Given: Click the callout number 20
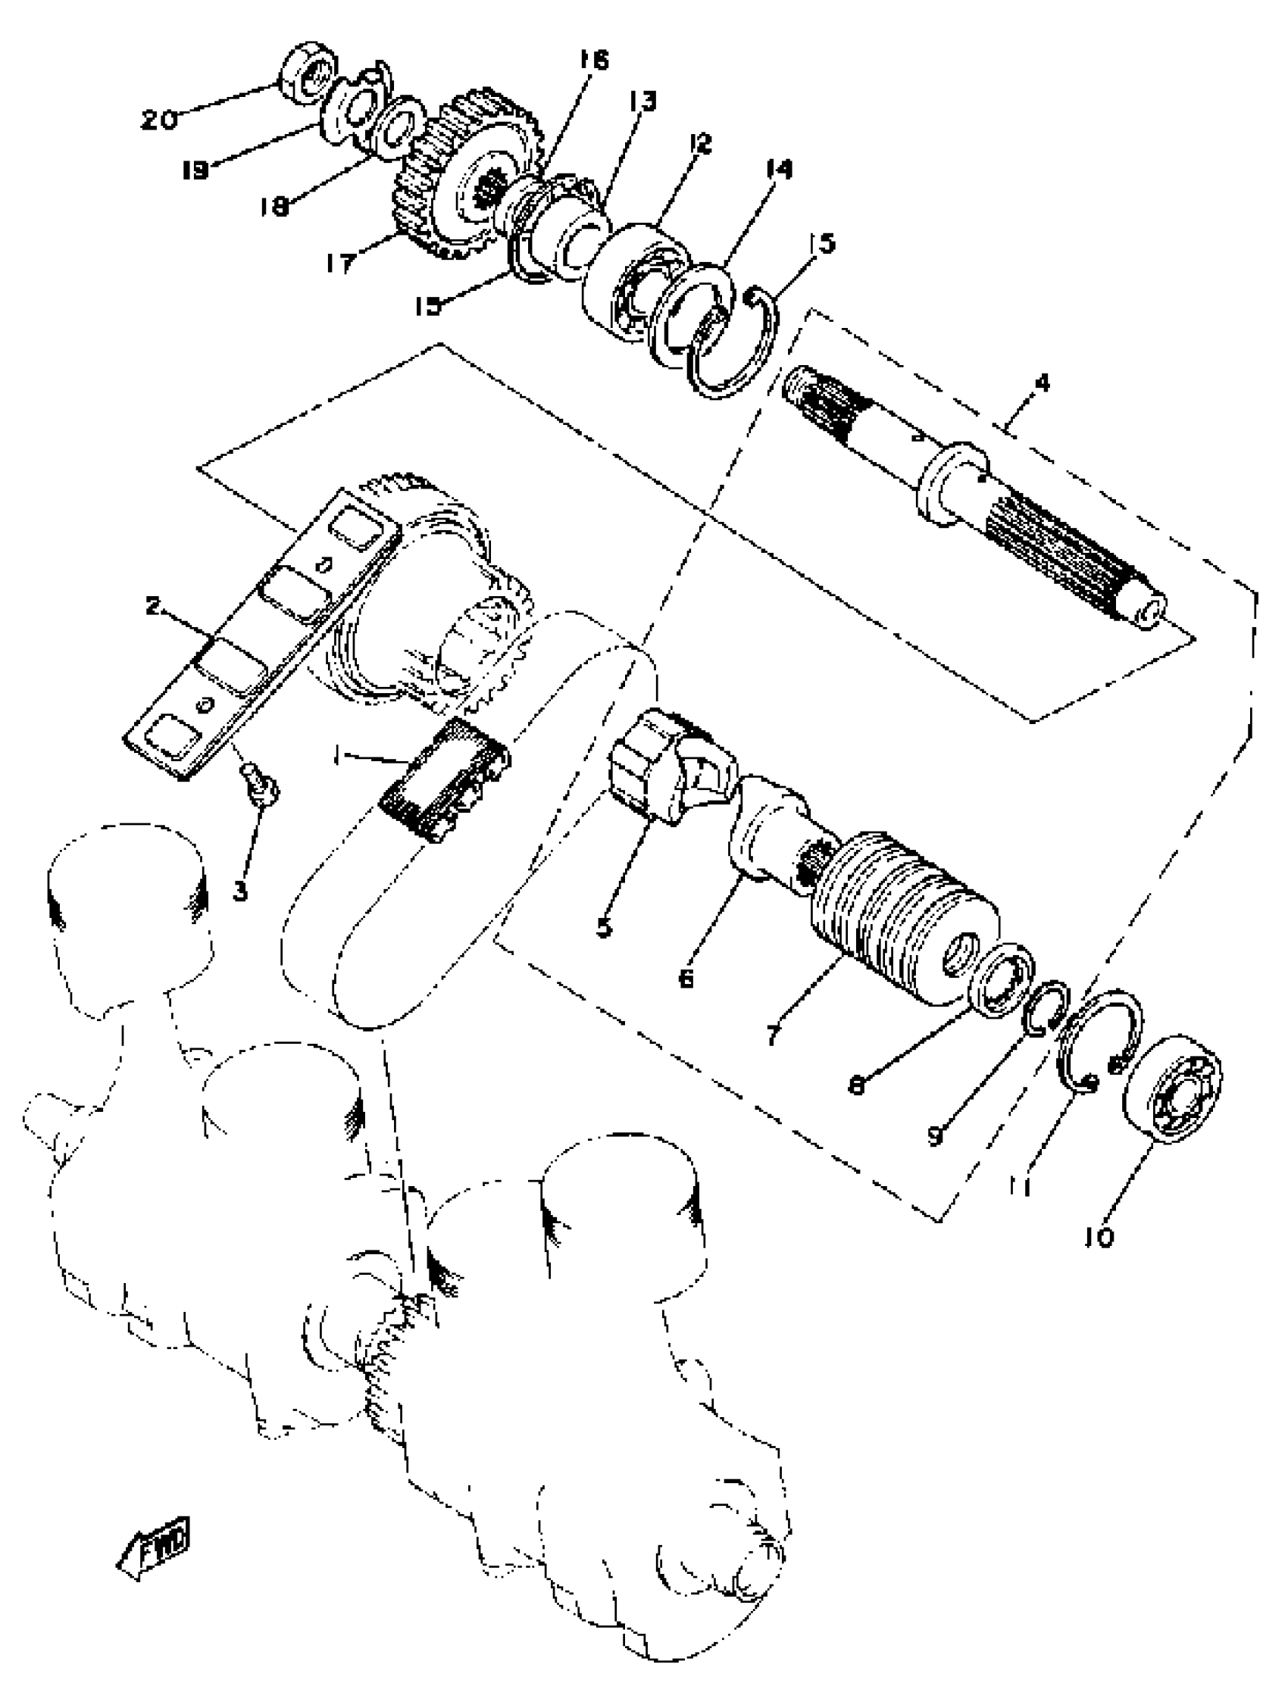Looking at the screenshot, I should click(159, 120).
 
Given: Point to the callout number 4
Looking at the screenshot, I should click(1042, 383).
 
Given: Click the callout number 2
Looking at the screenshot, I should click(153, 605).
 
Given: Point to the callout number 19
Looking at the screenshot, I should click(195, 169).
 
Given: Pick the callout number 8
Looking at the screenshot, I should click(856, 1085).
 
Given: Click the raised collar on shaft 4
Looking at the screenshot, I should click(953, 485).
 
